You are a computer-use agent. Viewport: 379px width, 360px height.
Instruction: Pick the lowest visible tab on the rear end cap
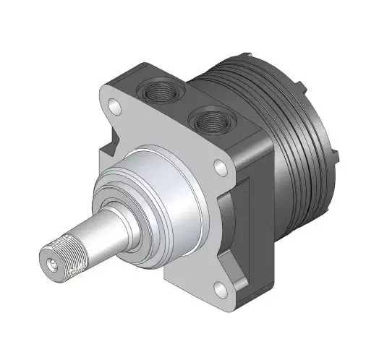(x=334, y=155)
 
